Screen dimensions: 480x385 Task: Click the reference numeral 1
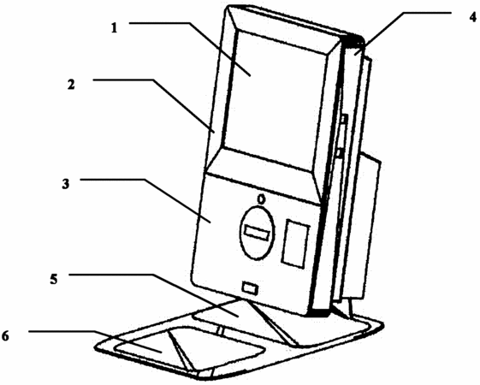[x=114, y=28]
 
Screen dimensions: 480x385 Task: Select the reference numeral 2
[x=71, y=85]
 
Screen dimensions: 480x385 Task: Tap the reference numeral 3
[x=66, y=184]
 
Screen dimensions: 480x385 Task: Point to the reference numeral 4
[x=473, y=17]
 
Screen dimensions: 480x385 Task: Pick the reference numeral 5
[x=54, y=280]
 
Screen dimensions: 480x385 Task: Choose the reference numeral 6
[x=5, y=336]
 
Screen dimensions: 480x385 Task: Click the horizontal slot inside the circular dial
[x=256, y=234]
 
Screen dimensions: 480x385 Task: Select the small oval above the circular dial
[x=261, y=199]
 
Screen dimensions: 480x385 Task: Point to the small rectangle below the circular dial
[x=250, y=288]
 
